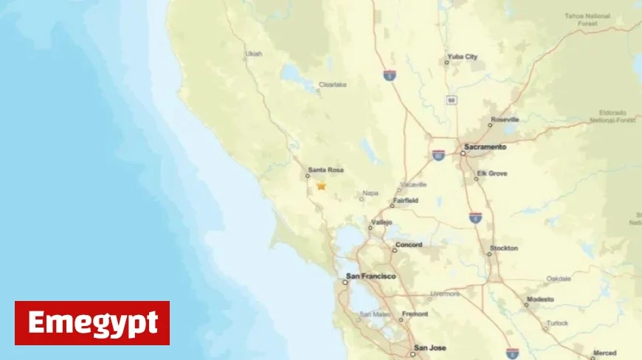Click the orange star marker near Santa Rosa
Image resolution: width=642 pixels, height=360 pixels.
click(x=321, y=186)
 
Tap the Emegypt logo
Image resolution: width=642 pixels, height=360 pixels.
click(x=92, y=323)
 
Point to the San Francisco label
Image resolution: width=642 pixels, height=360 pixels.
click(x=371, y=276)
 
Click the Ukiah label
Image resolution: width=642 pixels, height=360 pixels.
click(x=253, y=54)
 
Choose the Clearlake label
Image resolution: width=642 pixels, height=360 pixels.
click(x=332, y=85)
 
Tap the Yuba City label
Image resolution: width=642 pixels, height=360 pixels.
click(x=462, y=57)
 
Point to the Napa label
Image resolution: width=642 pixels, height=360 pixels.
click(x=370, y=195)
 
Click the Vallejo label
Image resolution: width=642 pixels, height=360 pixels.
click(x=381, y=223)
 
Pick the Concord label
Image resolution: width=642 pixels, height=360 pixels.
click(x=408, y=245)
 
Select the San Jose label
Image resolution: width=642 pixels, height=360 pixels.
click(x=430, y=347)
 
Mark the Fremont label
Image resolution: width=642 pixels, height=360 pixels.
click(x=414, y=314)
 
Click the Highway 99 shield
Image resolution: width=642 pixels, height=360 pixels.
click(x=450, y=99)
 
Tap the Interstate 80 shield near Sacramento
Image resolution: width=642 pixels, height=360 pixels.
click(x=438, y=155)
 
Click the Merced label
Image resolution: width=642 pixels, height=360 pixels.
click(x=603, y=353)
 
